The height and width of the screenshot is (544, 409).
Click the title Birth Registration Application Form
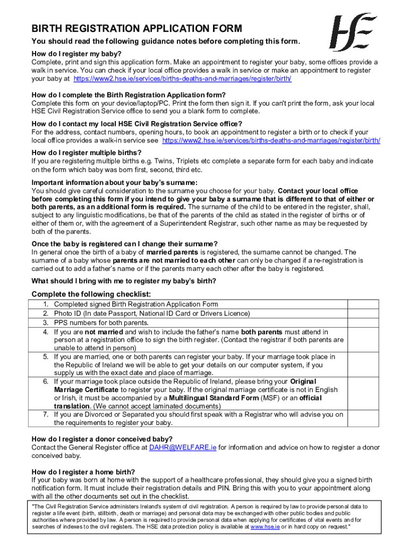click(x=137, y=29)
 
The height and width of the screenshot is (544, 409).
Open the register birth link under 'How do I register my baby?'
click(x=182, y=79)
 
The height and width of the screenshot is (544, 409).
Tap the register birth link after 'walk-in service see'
click(x=271, y=141)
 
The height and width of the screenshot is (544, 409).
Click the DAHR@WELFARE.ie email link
click(x=183, y=447)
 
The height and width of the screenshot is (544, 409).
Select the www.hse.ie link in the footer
click(x=262, y=526)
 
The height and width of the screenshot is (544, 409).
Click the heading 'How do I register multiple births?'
click(x=87, y=152)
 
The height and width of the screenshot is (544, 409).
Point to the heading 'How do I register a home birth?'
click(x=83, y=472)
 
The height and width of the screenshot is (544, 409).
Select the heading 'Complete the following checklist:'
click(x=91, y=294)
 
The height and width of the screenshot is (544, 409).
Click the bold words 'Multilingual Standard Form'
click(x=214, y=398)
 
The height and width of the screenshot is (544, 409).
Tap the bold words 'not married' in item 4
click(x=104, y=332)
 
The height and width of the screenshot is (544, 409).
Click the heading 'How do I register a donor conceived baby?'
click(x=102, y=439)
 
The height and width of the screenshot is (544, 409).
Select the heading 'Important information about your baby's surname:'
click(x=107, y=182)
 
